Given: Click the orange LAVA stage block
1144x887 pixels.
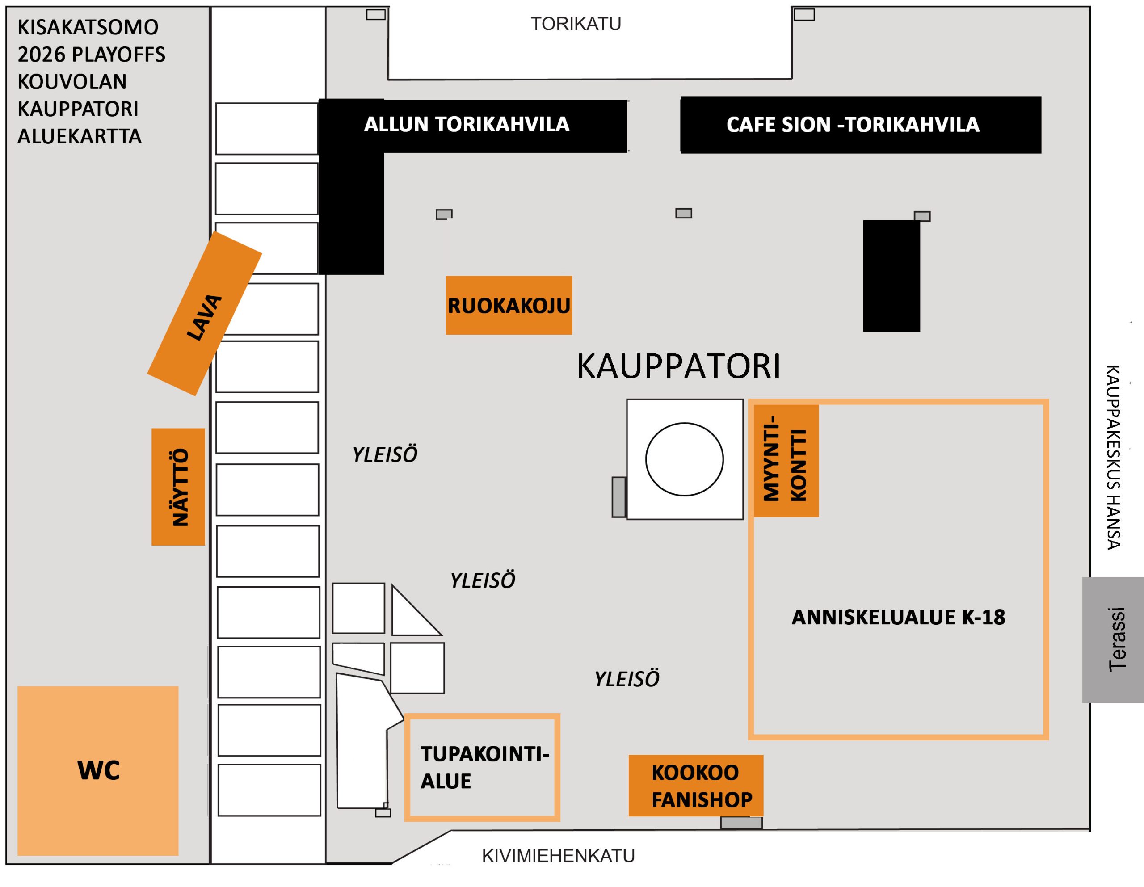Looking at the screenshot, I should (204, 313).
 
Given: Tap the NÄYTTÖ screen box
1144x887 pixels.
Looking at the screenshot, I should (178, 487).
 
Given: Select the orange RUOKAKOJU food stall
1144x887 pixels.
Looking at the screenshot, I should (509, 305).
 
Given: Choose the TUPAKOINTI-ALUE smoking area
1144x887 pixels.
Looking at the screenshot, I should (482, 767).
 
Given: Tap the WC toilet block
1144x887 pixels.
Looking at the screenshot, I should (98, 771).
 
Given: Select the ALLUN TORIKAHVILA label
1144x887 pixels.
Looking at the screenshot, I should (466, 125).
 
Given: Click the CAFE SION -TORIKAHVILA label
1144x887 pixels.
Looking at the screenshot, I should (852, 125).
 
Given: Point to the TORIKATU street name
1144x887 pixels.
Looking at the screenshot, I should (576, 24).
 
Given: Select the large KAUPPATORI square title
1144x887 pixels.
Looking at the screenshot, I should (678, 366).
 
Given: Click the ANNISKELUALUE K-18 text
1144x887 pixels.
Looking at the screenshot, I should (898, 617).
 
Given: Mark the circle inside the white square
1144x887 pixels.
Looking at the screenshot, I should (684, 459).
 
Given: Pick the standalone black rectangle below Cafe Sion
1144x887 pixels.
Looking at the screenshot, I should (891, 276).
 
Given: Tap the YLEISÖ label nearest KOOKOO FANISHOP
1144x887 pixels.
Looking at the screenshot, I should (627, 680).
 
